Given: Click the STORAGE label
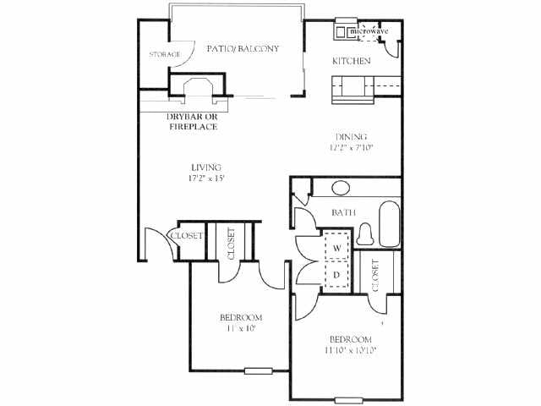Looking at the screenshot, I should click(x=165, y=55).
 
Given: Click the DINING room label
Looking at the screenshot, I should click(x=350, y=136).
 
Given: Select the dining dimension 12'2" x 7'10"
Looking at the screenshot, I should click(x=351, y=147).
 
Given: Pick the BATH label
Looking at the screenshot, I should click(x=342, y=211).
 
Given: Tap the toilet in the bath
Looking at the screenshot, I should click(x=366, y=231).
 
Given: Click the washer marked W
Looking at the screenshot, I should click(x=336, y=248).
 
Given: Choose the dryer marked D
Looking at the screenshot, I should click(x=336, y=274).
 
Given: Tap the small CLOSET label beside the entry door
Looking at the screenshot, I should click(x=187, y=236).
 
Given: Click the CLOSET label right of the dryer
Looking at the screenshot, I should click(x=374, y=275).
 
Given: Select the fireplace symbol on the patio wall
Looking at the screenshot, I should click(x=198, y=88).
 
